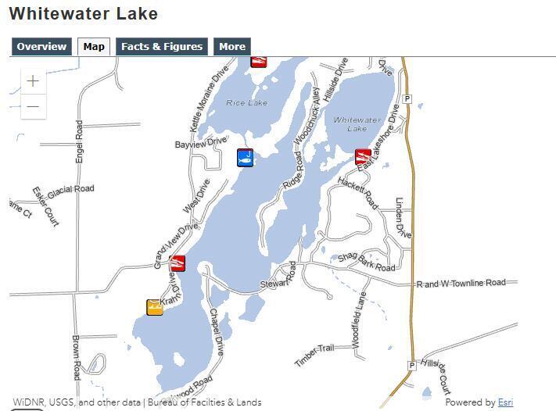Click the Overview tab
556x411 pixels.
pos(41,47)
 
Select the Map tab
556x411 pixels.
pos(94,47)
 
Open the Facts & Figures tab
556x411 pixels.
pos(162,47)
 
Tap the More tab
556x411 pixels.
pos(231,47)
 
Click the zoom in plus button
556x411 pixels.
pos(33,80)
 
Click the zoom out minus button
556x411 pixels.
pos(33,106)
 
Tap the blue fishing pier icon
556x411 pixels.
pos(246,158)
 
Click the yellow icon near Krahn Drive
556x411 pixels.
pos(155,307)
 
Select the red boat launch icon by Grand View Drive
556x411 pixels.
pos(178,263)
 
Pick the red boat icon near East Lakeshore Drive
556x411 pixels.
pos(363,156)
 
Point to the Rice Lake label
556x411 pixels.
pos(246,103)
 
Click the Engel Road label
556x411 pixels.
pos(79,141)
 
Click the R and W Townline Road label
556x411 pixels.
pos(461,283)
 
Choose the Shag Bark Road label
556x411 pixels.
pos(366,262)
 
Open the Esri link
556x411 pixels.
pos(505,402)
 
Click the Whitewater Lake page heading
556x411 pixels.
pos(83,14)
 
